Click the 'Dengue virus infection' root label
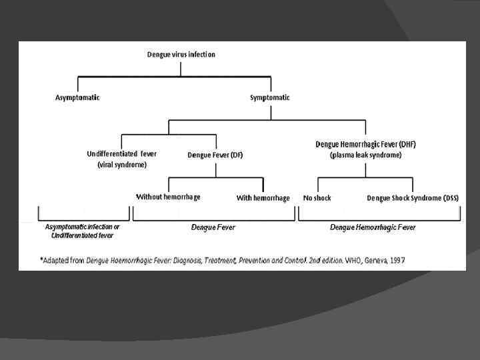[x=181, y=54]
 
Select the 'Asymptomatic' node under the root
[x=77, y=97]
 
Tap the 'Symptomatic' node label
[x=270, y=97]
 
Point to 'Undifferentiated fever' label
[x=122, y=154]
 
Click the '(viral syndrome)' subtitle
[x=122, y=164]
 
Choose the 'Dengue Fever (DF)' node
[x=215, y=155]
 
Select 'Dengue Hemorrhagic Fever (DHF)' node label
[x=365, y=144]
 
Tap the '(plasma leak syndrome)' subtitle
[x=365, y=155]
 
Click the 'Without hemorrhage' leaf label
[x=168, y=197]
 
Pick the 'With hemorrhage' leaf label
[x=263, y=198]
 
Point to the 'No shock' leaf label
[x=317, y=198]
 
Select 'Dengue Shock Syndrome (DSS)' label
[x=413, y=198]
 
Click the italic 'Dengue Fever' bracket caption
[x=213, y=227]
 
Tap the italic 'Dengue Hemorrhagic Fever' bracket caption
[x=373, y=227]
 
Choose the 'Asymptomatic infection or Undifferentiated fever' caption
[x=82, y=231]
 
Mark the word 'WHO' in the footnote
[x=353, y=259]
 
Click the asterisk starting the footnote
[x=41, y=259]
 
